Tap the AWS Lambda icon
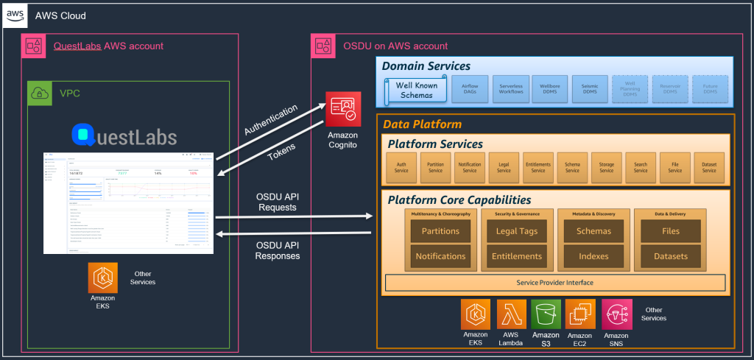(512, 314)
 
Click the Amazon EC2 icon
(580, 314)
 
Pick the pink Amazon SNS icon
(616, 314)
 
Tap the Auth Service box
(401, 167)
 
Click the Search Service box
(641, 167)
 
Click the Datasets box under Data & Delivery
(670, 256)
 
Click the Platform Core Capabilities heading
(459, 200)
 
